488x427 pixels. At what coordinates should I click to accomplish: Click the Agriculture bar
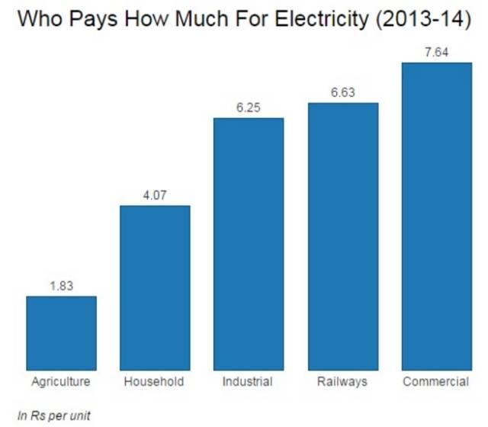pos(61,332)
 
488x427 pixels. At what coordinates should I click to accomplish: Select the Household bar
pos(155,287)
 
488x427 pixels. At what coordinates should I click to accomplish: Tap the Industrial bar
pos(249,243)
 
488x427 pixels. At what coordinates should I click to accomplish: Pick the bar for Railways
pos(342,236)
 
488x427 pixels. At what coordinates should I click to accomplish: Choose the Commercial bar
pos(436,216)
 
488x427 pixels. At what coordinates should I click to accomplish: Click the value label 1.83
pos(61,286)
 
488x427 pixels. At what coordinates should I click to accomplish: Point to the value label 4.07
pos(155,195)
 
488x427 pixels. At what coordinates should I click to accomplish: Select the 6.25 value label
pos(249,108)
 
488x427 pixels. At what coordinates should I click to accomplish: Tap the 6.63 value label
pos(342,92)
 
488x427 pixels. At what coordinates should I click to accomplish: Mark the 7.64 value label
pos(436,52)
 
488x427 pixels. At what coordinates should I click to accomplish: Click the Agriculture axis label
pos(61,380)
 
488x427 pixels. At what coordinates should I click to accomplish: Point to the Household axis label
pos(154,380)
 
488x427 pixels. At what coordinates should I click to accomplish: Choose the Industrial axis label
pos(249,380)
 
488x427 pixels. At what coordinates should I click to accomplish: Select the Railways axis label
pos(342,380)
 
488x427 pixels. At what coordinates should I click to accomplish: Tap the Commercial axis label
pos(436,380)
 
